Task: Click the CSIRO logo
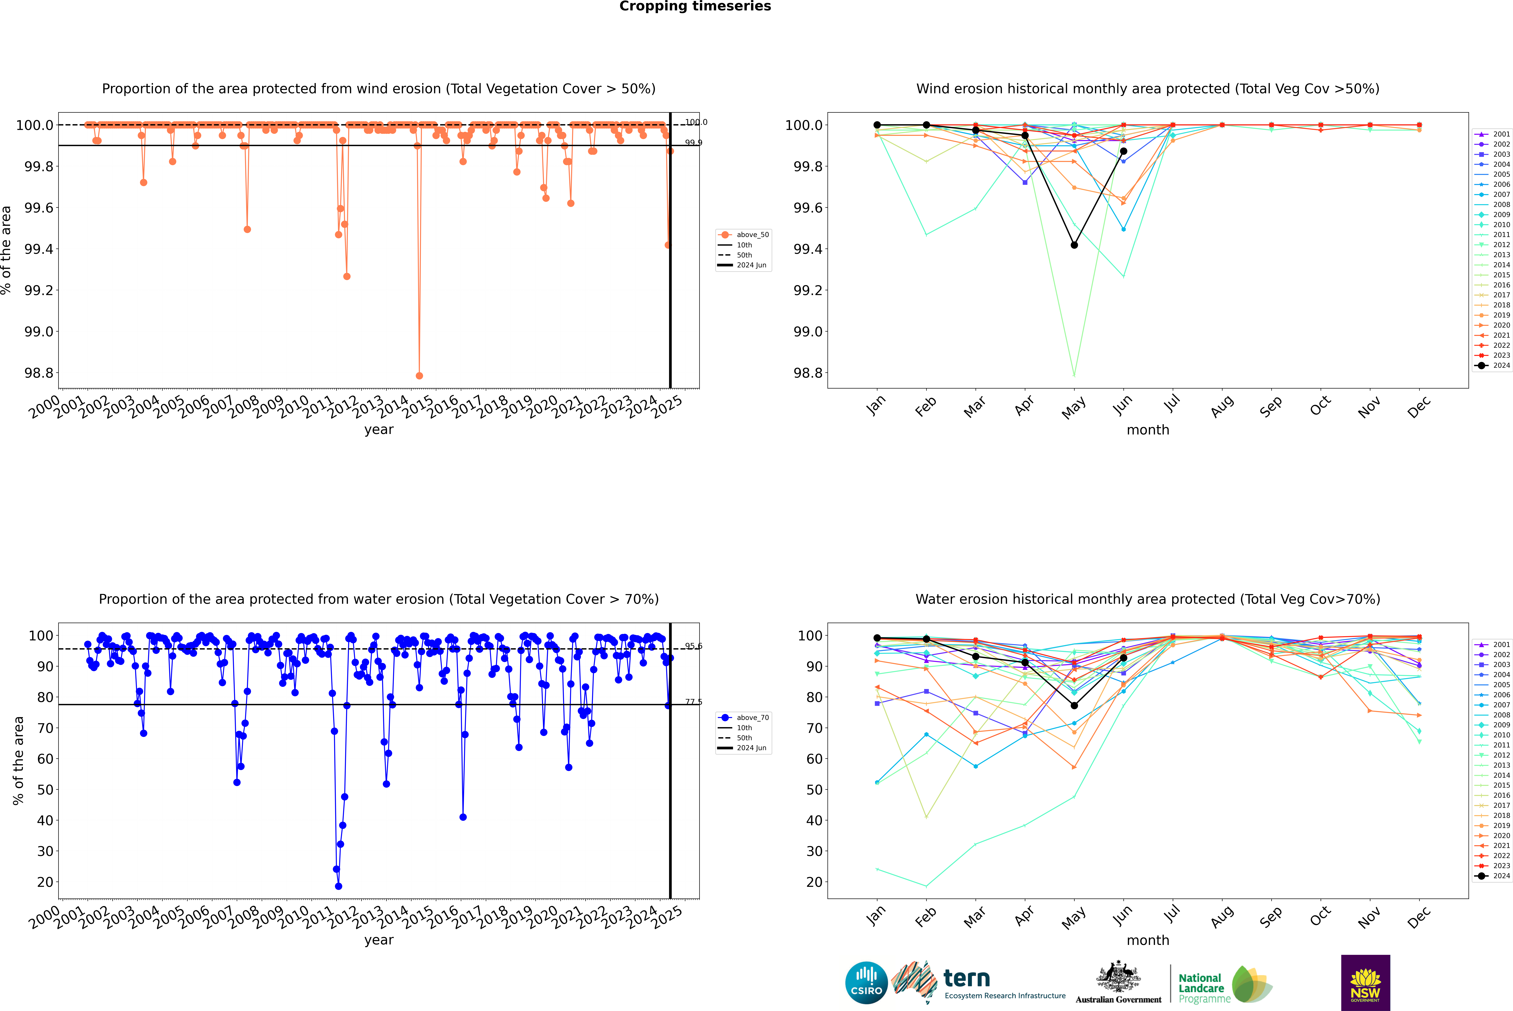(866, 983)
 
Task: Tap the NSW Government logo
(1365, 983)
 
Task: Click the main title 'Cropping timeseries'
(695, 6)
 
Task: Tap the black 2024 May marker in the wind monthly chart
(1074, 245)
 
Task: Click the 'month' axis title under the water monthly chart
(1147, 940)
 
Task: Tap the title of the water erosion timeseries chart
(379, 599)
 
